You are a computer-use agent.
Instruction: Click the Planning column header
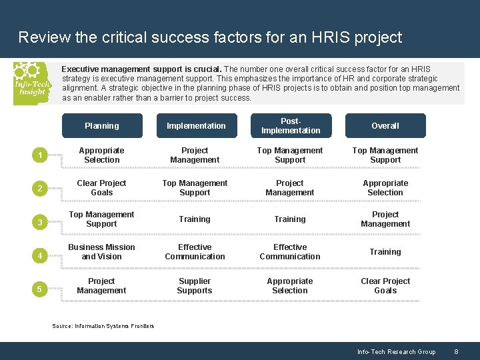102,125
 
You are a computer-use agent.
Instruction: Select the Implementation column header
196,125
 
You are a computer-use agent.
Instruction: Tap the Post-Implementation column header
291,125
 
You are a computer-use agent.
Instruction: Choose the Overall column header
385,125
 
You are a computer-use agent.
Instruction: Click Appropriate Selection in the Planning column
101,155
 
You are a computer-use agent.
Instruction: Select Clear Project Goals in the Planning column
101,188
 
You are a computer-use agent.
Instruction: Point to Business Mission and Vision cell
101,252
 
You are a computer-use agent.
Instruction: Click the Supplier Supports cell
195,286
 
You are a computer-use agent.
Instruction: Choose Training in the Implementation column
195,219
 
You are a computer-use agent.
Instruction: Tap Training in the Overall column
385,252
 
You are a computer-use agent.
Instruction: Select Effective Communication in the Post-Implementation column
290,252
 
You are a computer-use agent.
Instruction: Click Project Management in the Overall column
385,219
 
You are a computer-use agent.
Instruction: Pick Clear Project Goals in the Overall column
385,286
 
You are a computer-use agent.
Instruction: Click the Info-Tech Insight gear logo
31,83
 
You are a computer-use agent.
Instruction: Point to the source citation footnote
103,326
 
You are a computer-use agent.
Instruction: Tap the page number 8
456,352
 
